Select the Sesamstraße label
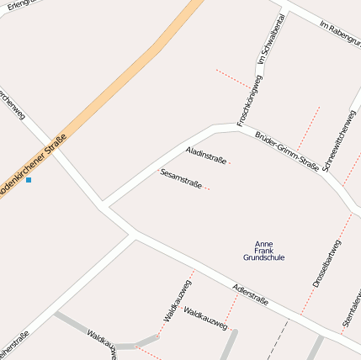tap(180, 177)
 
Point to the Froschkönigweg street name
tap(249, 100)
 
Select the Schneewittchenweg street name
tap(339, 139)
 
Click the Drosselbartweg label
tap(327, 262)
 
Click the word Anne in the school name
tap(263, 243)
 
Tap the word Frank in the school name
tap(263, 251)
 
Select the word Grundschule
tap(263, 257)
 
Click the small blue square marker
tap(29, 180)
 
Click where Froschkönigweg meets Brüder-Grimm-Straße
tap(238, 127)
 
